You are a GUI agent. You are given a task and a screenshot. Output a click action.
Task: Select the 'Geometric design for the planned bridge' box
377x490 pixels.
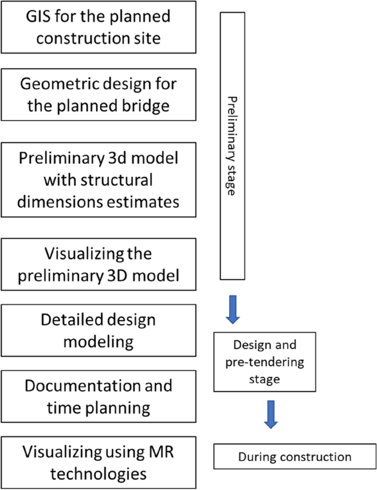(99, 94)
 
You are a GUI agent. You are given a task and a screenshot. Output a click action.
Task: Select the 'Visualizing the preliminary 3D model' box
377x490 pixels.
(99, 265)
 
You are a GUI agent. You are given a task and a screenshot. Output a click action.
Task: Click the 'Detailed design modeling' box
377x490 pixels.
(99, 330)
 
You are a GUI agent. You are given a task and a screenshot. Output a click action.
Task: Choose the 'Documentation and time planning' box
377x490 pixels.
(99, 396)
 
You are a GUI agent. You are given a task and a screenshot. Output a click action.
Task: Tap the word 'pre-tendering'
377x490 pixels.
(264, 363)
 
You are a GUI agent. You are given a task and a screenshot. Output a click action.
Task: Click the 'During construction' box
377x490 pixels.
(294, 457)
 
